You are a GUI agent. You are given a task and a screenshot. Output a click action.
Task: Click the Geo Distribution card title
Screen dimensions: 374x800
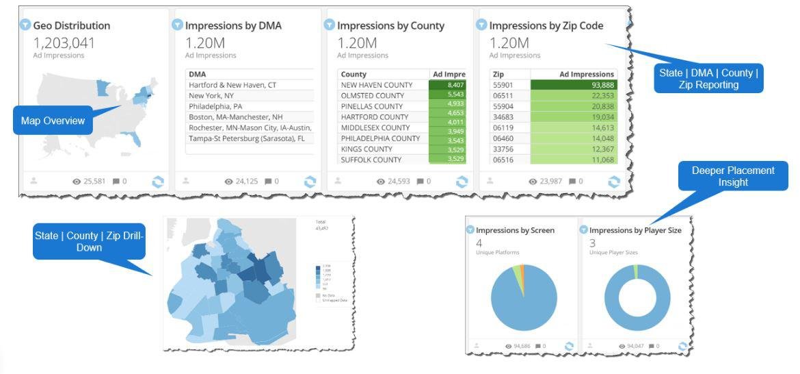(x=71, y=25)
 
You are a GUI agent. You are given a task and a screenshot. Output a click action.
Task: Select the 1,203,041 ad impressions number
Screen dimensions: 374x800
(x=64, y=42)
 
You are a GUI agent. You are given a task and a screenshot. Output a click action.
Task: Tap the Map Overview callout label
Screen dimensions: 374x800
(x=53, y=121)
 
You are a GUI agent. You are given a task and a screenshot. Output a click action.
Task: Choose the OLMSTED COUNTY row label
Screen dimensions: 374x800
(x=372, y=95)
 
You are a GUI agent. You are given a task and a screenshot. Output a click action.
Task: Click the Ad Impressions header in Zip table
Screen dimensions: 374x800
(x=586, y=74)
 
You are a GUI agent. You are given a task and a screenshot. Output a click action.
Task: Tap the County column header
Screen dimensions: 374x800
(x=354, y=74)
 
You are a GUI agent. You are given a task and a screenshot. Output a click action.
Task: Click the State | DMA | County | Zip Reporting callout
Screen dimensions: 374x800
(x=708, y=79)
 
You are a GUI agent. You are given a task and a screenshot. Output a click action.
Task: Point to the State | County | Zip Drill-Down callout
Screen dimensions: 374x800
(x=90, y=240)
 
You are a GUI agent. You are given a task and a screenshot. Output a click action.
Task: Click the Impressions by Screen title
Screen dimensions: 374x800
(x=515, y=230)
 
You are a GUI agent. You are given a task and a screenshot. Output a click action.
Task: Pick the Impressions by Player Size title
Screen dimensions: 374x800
(x=635, y=230)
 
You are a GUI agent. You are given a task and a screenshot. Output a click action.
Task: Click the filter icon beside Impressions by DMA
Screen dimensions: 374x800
(x=177, y=25)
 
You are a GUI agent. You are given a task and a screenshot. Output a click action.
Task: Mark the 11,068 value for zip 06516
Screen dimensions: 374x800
(x=602, y=159)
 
